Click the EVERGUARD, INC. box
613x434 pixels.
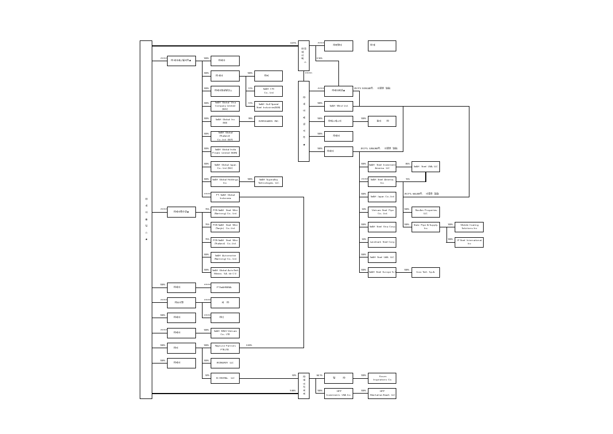(x=268, y=121)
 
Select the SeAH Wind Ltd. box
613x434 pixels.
(x=338, y=106)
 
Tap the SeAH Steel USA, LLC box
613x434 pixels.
(x=425, y=167)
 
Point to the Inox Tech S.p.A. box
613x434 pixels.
(x=425, y=272)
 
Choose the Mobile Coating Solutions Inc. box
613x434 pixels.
(x=469, y=227)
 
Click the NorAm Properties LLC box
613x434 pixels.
(x=425, y=212)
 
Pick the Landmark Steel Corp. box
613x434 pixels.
(x=382, y=242)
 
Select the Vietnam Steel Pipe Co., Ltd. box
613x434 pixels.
(x=382, y=212)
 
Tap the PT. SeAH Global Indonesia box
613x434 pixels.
(x=225, y=197)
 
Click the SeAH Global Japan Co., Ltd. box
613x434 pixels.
(x=225, y=167)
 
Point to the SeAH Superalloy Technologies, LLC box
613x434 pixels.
(x=268, y=181)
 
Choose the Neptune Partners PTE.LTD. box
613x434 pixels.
(x=225, y=348)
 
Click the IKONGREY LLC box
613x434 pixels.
(x=225, y=363)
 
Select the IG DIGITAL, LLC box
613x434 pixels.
(x=225, y=378)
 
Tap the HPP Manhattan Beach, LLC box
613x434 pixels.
(x=382, y=394)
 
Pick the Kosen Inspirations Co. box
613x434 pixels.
(x=382, y=378)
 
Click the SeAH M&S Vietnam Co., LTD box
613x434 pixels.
(x=225, y=333)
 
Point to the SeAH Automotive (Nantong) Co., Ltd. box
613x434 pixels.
(x=225, y=257)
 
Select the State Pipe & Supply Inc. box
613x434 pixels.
(x=425, y=227)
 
